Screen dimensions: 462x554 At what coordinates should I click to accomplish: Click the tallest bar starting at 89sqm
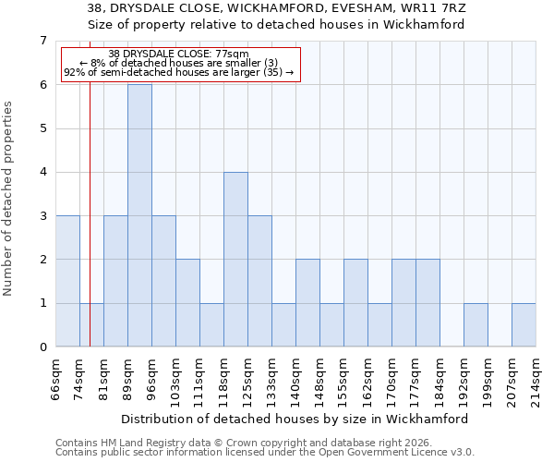coord(139,215)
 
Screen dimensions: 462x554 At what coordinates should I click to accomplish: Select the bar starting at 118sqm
coord(235,260)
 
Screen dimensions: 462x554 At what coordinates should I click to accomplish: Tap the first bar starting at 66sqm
coord(67,281)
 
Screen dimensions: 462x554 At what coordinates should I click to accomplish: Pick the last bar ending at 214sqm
coord(524,325)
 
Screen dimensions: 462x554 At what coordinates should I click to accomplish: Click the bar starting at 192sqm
coord(476,325)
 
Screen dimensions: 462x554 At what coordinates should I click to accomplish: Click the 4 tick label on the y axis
coord(42,172)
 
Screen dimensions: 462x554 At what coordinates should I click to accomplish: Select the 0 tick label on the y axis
coord(42,347)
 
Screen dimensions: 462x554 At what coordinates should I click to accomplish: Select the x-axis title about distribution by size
coord(295,419)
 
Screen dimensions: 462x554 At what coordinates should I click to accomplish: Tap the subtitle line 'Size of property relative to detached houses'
coord(276,25)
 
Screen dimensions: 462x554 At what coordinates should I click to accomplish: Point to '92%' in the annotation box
coord(74,72)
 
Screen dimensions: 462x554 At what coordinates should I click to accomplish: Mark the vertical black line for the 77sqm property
coord(90,213)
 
